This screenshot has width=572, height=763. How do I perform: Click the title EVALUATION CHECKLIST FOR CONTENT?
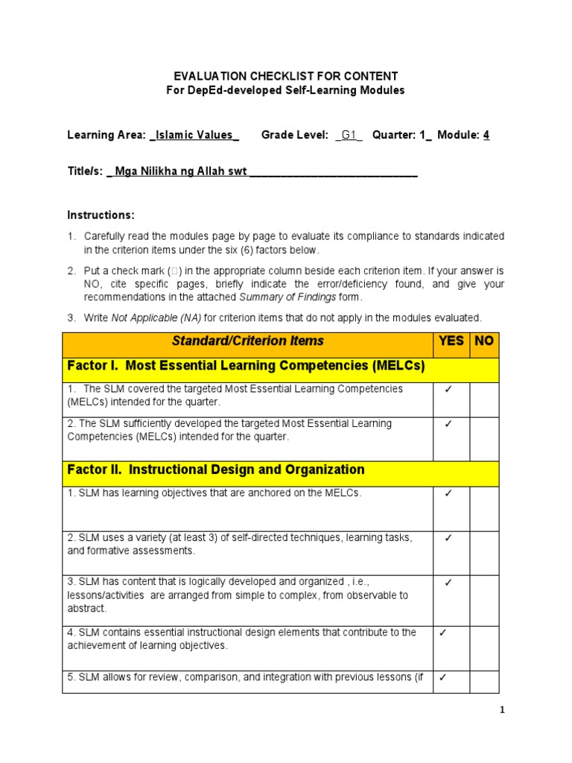point(286,76)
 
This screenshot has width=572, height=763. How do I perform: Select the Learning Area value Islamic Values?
point(194,135)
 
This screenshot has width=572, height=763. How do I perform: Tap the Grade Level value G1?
point(349,135)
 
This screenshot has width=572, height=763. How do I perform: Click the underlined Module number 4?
point(486,135)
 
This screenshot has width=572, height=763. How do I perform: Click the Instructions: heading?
point(101,215)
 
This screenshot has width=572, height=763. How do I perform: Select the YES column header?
point(451,341)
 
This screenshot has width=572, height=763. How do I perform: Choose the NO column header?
point(484,341)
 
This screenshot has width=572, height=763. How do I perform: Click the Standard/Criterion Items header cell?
point(248,341)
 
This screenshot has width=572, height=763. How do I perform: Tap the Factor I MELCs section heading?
point(246,366)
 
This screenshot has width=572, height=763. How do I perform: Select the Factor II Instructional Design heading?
point(216,469)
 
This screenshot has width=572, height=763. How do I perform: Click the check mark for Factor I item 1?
point(449,389)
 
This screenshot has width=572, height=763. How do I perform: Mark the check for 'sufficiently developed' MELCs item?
point(449,423)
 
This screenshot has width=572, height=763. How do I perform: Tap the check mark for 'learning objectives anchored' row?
point(449,493)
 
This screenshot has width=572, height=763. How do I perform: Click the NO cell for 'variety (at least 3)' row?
point(484,552)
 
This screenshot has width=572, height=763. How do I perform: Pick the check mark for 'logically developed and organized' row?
point(449,583)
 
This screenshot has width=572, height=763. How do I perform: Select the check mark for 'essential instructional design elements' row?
point(442,633)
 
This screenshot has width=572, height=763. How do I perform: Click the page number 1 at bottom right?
point(503,710)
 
